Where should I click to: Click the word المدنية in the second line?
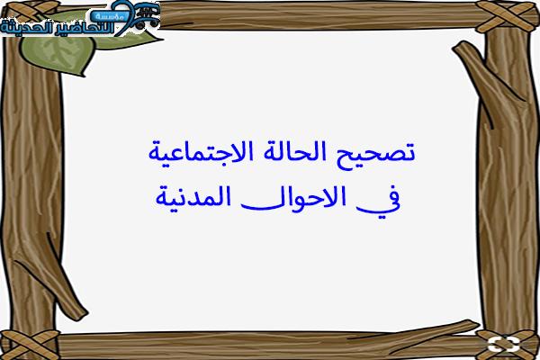pos(193,197)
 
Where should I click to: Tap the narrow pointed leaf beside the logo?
pos(130,40)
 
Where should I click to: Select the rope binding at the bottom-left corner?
pos(30,345)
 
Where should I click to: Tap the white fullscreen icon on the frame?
pos(503,345)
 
